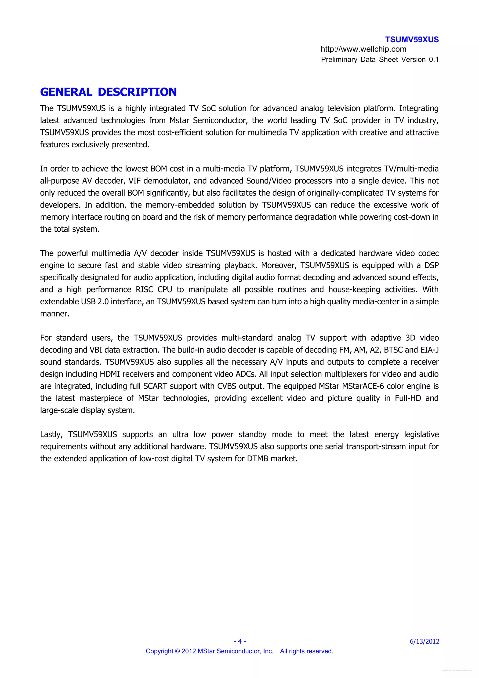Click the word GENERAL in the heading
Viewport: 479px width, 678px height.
pos(66,92)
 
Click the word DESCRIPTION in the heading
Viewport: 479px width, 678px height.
pos(137,92)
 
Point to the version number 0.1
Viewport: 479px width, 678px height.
pos(434,60)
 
